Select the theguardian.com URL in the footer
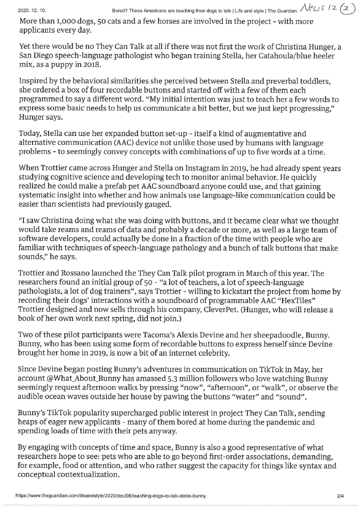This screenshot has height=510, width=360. click(110, 496)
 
